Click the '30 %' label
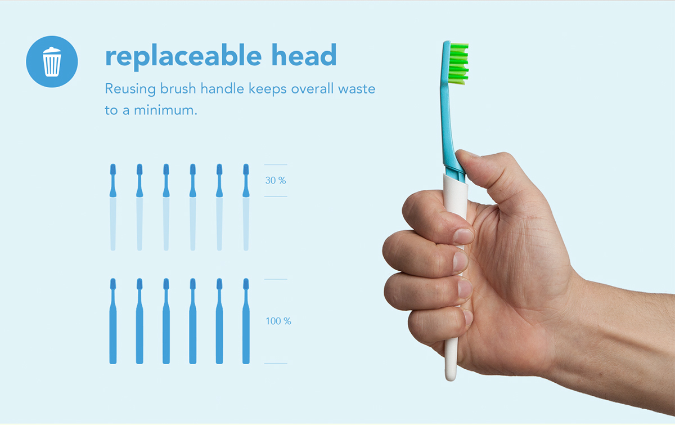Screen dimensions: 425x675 pos(276,181)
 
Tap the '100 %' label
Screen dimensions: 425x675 pos(278,321)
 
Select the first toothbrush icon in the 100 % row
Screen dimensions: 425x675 pos(113,321)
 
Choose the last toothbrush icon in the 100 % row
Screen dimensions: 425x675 pos(246,321)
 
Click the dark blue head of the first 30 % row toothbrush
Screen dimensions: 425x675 pos(113,171)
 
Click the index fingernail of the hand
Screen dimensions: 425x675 pos(463,236)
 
